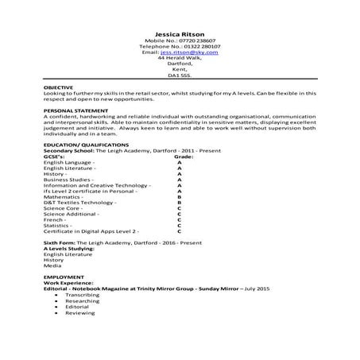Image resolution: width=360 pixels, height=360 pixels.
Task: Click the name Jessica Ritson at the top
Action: tap(180, 32)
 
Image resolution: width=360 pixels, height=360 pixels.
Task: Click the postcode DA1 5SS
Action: tap(180, 76)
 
